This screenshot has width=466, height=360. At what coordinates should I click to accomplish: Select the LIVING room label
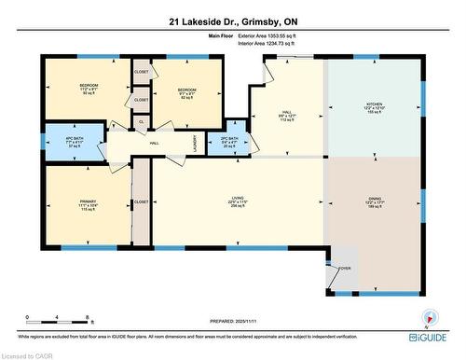[238, 198]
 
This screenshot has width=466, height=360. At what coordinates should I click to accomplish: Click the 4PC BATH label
[64, 142]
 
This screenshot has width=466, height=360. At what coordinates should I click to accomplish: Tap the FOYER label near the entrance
[344, 267]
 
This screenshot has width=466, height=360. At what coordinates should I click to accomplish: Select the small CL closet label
[141, 121]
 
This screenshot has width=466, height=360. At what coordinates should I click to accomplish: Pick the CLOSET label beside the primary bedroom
[141, 201]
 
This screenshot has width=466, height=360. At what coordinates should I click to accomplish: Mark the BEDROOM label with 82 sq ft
[187, 91]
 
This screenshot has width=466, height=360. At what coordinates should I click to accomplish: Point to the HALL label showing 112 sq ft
[287, 116]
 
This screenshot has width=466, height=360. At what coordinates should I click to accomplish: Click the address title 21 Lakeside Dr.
[232, 20]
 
